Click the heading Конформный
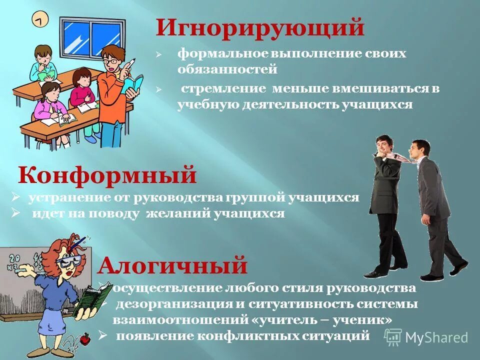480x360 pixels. point(107,175)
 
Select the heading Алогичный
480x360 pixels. point(172,265)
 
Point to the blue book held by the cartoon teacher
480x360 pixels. point(133,85)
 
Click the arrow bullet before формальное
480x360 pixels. point(158,54)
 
